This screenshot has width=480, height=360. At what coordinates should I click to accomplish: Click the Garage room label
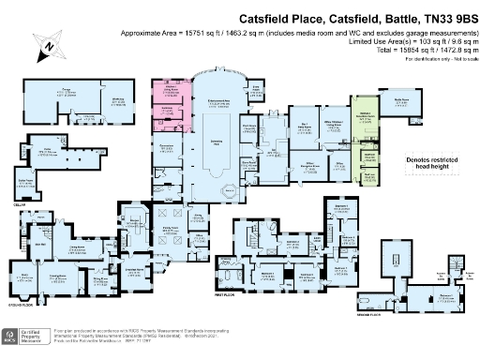(67, 91)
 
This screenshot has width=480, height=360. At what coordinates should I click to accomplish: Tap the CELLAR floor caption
(18, 201)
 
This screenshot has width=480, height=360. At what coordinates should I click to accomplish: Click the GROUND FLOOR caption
(22, 305)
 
